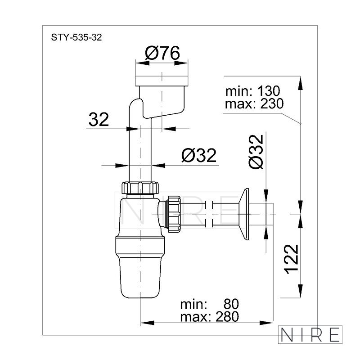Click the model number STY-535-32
pyautogui.click(x=76, y=37)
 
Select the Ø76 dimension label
pyautogui.click(x=162, y=53)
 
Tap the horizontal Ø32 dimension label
pyautogui.click(x=199, y=155)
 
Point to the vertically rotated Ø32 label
pyautogui.click(x=256, y=152)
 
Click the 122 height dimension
pyautogui.click(x=292, y=259)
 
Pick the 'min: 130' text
pyautogui.click(x=253, y=91)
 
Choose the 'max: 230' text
pyautogui.click(x=254, y=103)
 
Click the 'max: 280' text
pyautogui.click(x=210, y=317)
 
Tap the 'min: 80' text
pyautogui.click(x=210, y=304)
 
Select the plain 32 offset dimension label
pyautogui.click(x=99, y=119)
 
